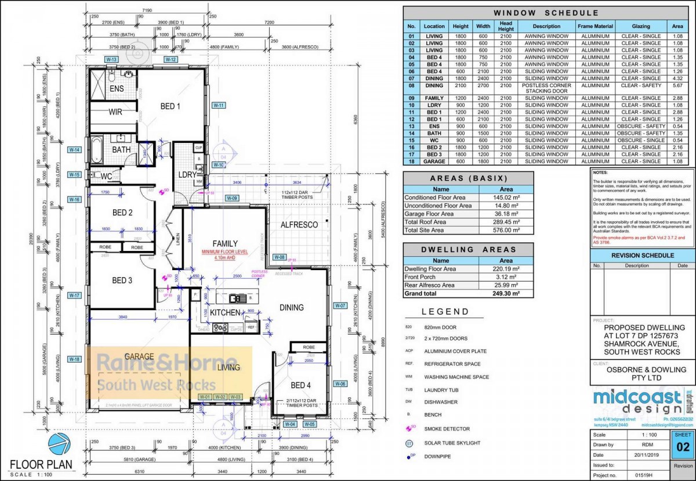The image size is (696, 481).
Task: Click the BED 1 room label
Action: tap(171, 106)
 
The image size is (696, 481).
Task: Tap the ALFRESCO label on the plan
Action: tap(298, 225)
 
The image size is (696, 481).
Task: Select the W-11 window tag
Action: tap(218, 105)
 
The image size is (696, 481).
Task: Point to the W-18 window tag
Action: tap(74, 359)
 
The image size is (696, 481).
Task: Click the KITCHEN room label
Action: tap(225, 313)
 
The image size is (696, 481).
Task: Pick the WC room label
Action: tap(106, 176)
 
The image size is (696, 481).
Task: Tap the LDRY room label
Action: tap(187, 174)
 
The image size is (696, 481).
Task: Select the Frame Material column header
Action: tap(595, 26)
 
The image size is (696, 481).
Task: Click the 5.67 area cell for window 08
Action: tap(677, 85)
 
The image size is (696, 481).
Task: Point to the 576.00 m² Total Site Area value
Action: tap(506, 230)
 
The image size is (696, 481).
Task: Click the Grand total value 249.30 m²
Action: tap(506, 294)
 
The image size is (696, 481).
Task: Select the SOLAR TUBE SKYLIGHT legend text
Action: tap(452, 443)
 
